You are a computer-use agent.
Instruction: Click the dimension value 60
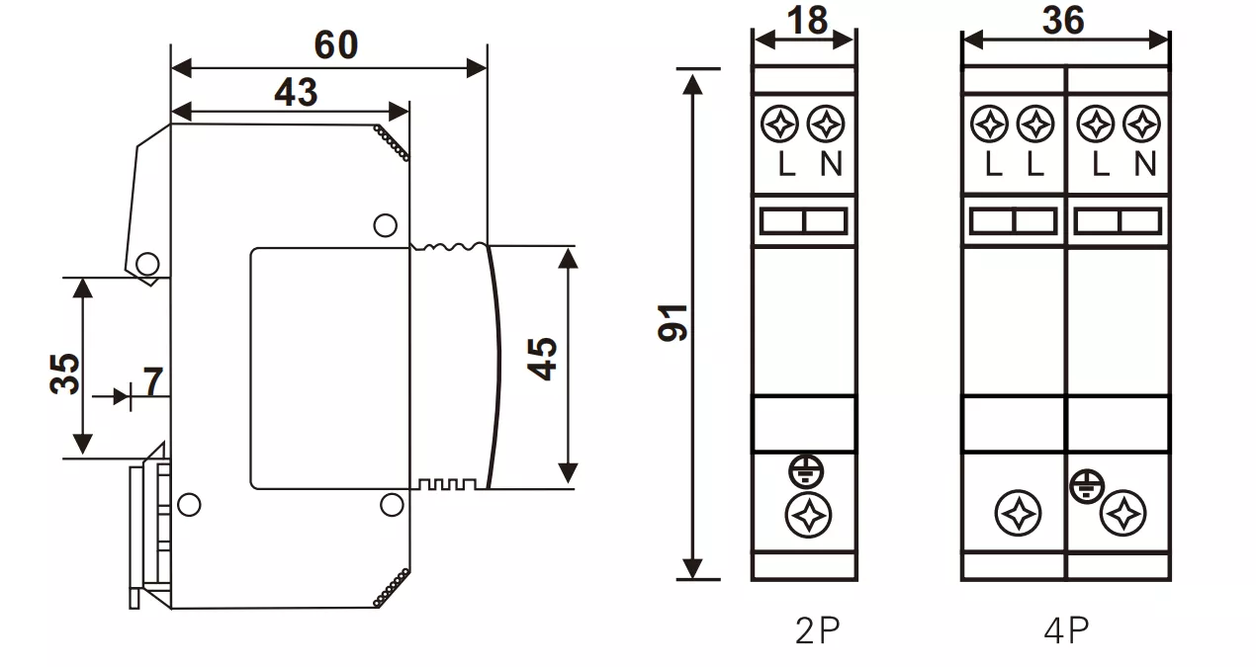(335, 44)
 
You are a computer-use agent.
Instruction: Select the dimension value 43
(296, 92)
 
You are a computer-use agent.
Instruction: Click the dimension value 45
(541, 358)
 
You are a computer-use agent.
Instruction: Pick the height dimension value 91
(673, 323)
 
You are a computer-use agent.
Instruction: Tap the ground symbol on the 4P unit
(1085, 484)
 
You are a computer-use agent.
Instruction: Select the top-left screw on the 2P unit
(781, 125)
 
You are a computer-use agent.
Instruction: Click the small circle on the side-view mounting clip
(147, 264)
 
